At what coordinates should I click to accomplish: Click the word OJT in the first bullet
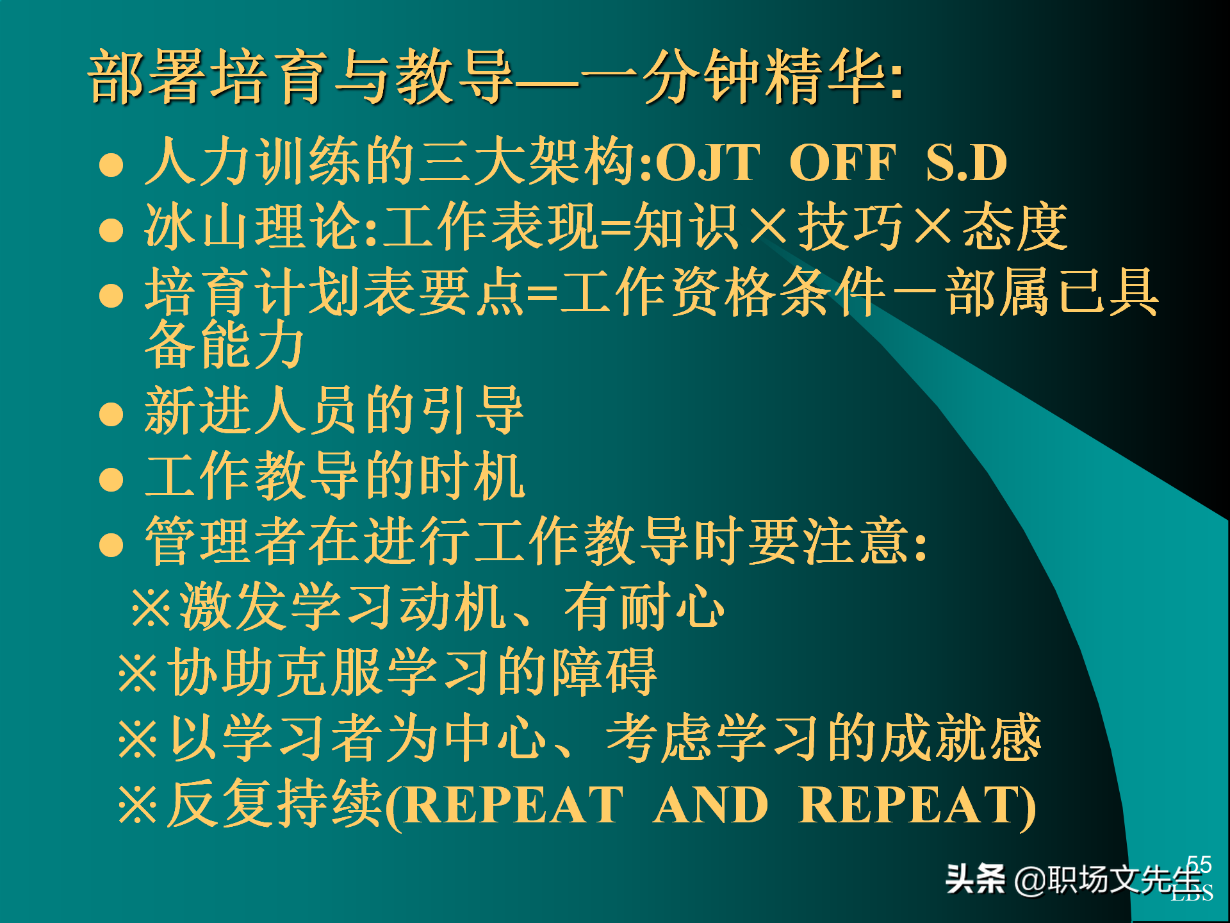[707, 163]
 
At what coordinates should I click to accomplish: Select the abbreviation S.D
[966, 163]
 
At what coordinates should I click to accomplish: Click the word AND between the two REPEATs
[710, 805]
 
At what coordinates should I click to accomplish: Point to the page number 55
[1199, 864]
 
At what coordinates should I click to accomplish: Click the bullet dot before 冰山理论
[111, 229]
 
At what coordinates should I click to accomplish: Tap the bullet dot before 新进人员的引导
[111, 413]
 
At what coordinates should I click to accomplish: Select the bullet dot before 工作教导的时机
[111, 479]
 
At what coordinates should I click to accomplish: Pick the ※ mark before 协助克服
[138, 673]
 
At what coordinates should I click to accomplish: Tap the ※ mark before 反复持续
[138, 804]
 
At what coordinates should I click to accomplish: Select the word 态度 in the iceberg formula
[1015, 227]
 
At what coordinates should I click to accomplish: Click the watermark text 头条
[975, 879]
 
